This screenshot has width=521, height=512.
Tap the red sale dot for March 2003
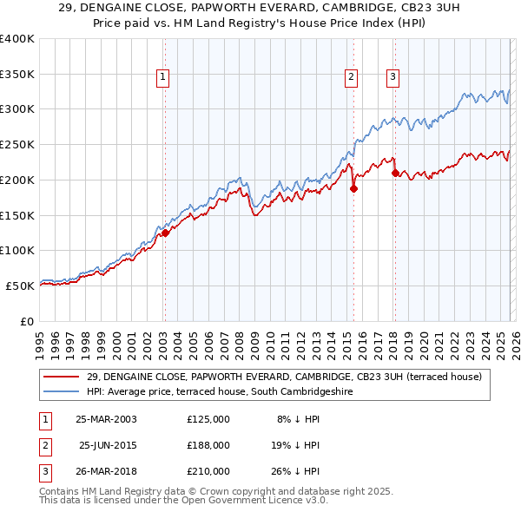[165, 232]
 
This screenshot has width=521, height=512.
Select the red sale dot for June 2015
[353, 187]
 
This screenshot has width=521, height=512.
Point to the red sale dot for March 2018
[395, 173]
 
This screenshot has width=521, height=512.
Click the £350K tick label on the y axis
[17, 74]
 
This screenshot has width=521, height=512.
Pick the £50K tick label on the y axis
[20, 285]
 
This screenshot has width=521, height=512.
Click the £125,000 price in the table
[208, 418]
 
